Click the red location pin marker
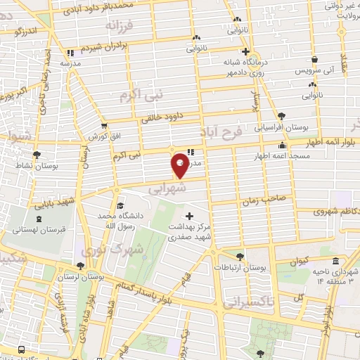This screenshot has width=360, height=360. (180, 165)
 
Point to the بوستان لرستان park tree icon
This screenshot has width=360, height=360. (81, 267)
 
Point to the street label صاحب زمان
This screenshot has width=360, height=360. (264, 200)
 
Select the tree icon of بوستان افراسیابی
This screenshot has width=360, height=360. (282, 115)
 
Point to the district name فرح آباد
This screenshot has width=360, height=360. (240, 134)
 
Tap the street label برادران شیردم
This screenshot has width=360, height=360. (105, 49)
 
